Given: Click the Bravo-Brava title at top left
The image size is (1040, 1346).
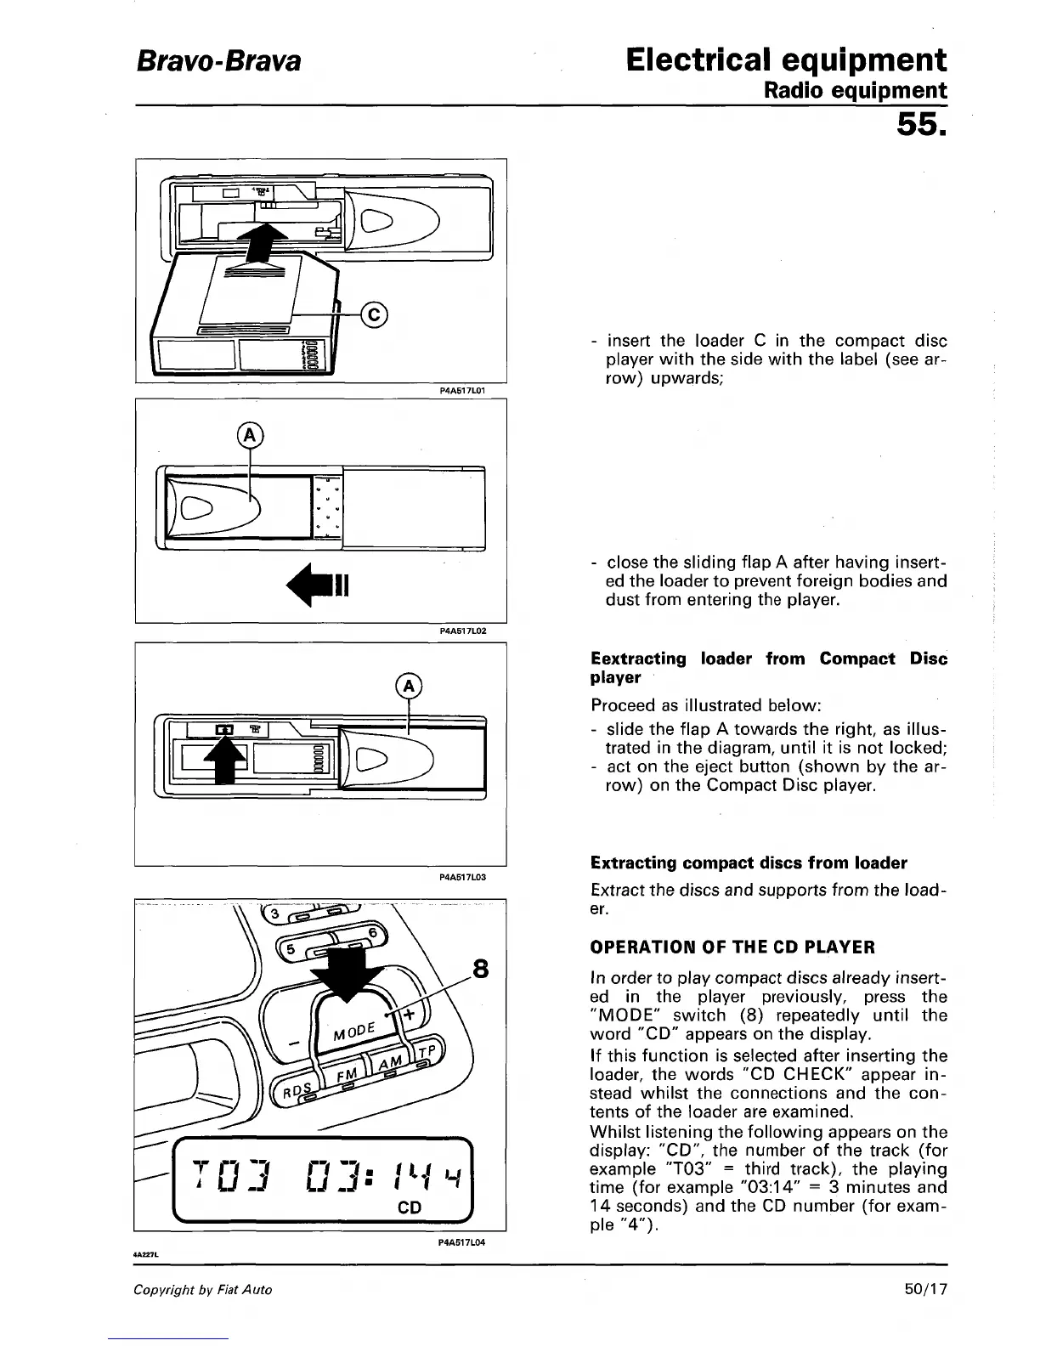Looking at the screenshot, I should click(x=217, y=60).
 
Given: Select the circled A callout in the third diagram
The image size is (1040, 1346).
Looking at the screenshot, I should click(x=409, y=686).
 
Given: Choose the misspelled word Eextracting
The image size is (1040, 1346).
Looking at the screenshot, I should click(x=638, y=659).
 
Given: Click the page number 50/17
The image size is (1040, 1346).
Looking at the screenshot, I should click(x=925, y=1289).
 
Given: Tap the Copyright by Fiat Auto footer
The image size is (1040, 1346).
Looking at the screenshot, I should click(x=202, y=1290).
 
